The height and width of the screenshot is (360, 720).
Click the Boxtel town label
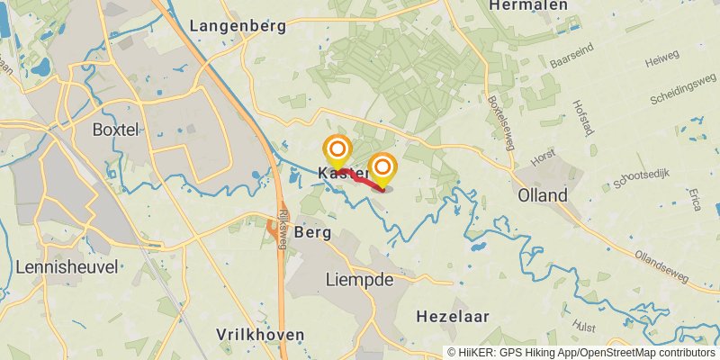click(116, 130)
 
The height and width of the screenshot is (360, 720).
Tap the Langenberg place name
click(238, 26)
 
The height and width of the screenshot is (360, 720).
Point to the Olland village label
click(542, 195)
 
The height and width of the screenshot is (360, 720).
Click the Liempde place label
click(361, 280)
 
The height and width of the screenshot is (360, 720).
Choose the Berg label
click(312, 232)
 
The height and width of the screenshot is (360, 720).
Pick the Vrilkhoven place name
click(260, 334)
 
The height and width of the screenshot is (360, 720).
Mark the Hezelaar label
click(453, 317)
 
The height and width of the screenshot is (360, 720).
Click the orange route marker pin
click(337, 149)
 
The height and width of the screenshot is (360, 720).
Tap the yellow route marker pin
click(384, 168)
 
